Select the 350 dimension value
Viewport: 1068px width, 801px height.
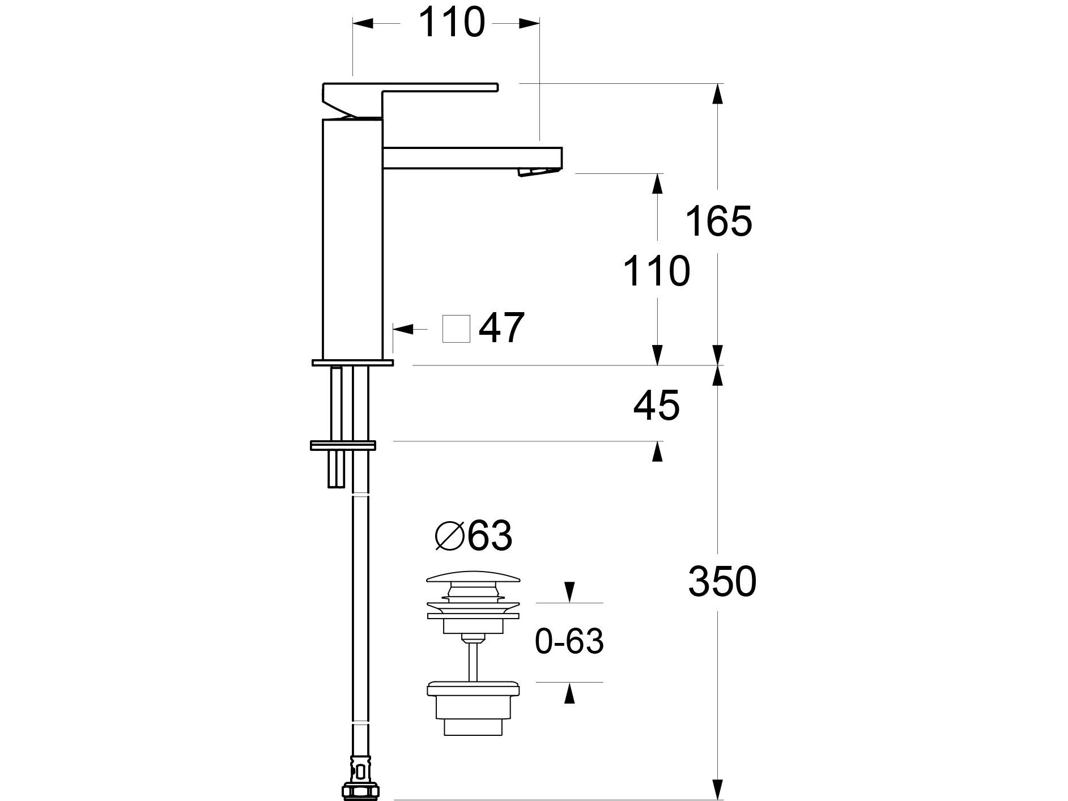[x=722, y=581]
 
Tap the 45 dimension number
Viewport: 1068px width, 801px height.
[x=657, y=406]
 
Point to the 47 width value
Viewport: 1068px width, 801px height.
[x=501, y=328]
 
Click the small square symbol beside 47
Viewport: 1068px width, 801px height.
[x=456, y=329]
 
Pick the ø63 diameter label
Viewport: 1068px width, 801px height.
[x=474, y=535]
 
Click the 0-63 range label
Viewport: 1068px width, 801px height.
[x=569, y=642]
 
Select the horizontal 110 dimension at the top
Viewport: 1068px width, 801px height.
[x=452, y=22]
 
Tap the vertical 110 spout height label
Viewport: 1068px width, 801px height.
[x=657, y=271]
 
